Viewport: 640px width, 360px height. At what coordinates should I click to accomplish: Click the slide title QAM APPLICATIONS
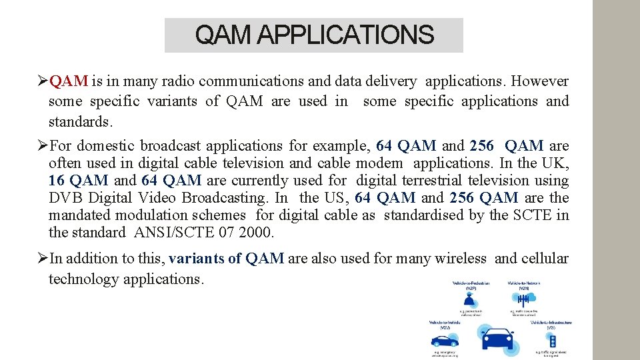pyautogui.click(x=314, y=35)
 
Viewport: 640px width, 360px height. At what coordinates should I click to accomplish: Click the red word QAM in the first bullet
pyautogui.click(x=69, y=81)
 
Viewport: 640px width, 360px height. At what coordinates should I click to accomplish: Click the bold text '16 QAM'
pyautogui.click(x=78, y=181)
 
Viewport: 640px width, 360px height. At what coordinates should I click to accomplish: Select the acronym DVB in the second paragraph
pyautogui.click(x=67, y=198)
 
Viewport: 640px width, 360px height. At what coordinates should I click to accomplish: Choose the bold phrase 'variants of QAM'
pyautogui.click(x=227, y=259)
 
